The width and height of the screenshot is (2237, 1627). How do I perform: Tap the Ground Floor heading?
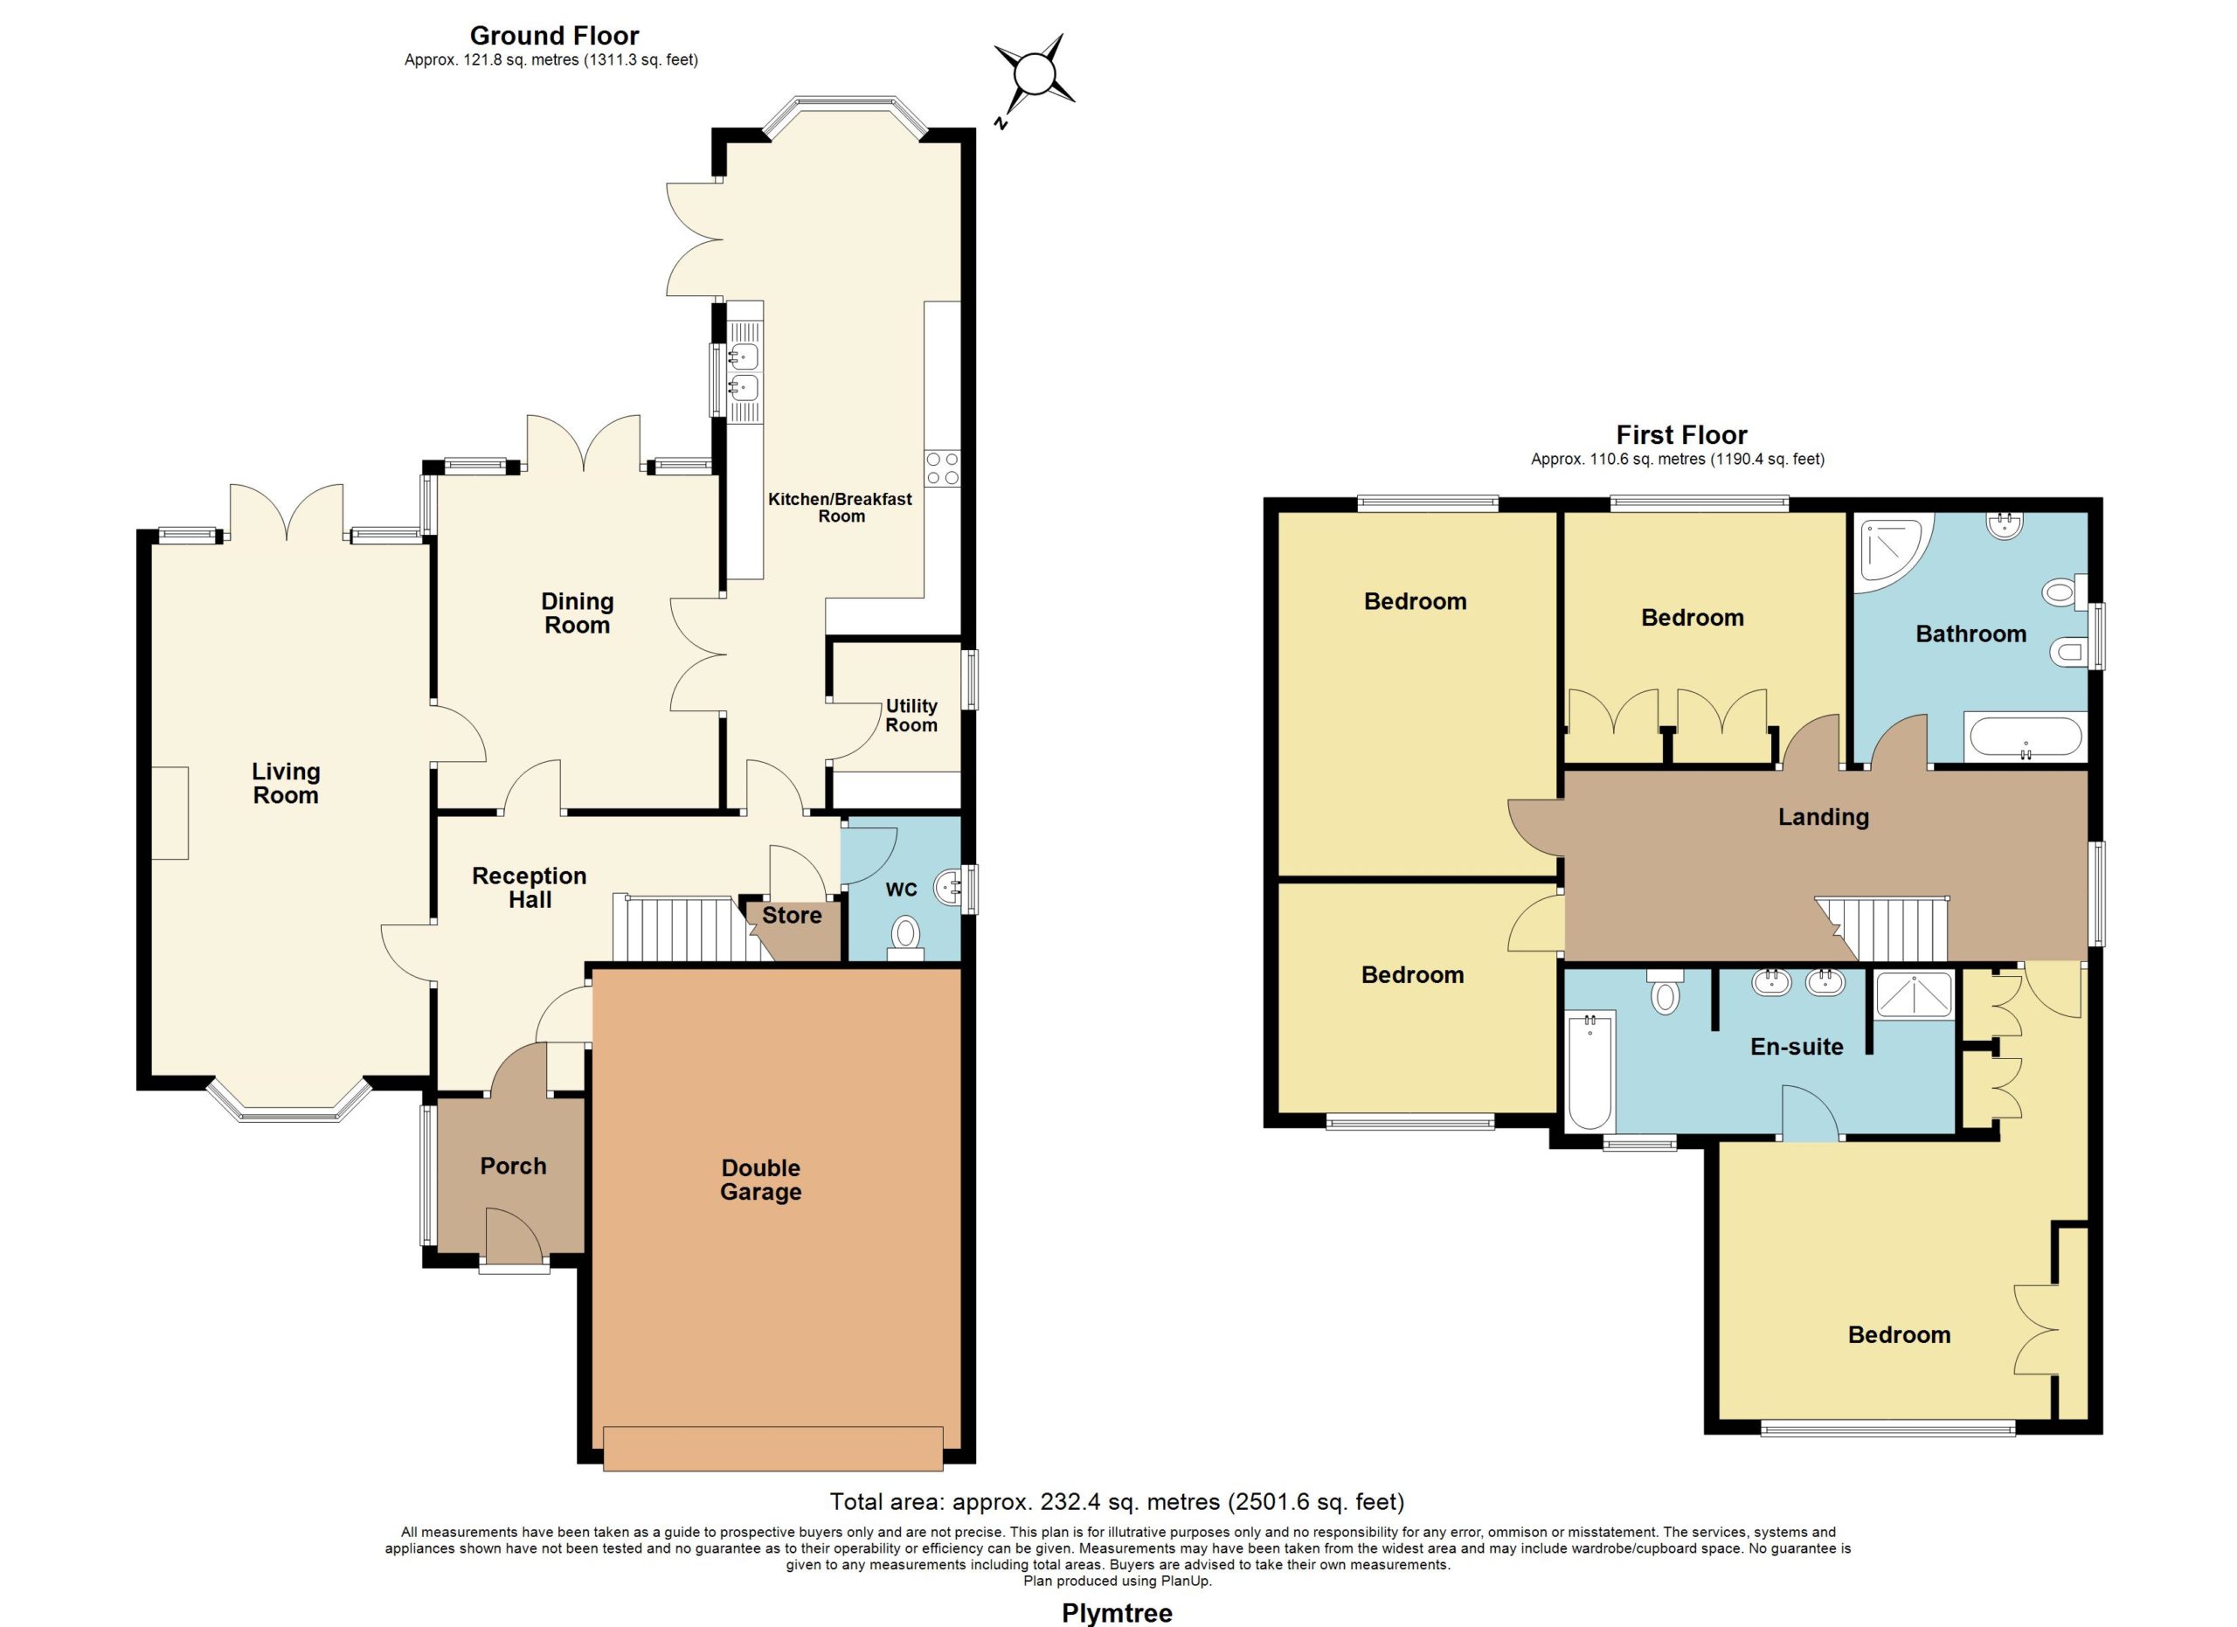click(x=554, y=37)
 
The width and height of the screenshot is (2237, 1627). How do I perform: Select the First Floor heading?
click(x=1682, y=435)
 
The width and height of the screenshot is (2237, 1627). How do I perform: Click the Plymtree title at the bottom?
click(x=1117, y=1613)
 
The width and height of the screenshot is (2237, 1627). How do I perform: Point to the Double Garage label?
click(x=760, y=1180)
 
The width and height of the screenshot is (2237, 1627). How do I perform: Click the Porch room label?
click(x=513, y=1167)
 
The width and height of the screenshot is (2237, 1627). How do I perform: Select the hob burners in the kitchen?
click(x=942, y=468)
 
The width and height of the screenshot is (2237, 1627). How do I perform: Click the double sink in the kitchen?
click(x=745, y=370)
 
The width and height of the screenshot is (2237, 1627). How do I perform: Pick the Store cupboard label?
click(x=792, y=916)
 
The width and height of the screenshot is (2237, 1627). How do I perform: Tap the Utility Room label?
click(x=911, y=716)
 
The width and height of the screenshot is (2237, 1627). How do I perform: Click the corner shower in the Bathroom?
click(x=1893, y=552)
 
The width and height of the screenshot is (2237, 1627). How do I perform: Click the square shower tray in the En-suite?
click(x=1914, y=995)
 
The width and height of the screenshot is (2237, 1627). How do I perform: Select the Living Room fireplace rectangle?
click(x=170, y=813)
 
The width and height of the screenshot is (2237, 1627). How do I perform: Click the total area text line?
click(x=1117, y=1502)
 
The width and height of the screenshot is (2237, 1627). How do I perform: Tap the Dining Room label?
click(x=577, y=613)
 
